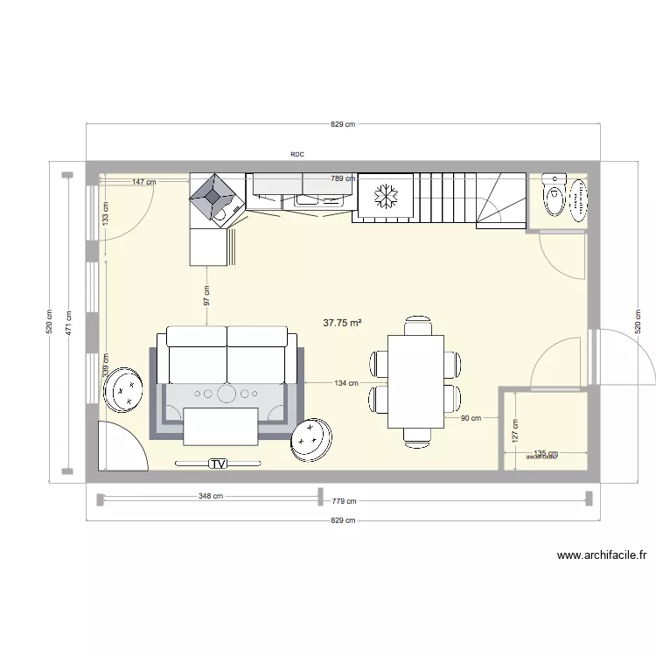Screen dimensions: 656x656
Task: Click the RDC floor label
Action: (297, 154)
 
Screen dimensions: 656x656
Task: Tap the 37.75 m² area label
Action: (343, 323)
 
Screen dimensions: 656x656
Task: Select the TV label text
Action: (219, 463)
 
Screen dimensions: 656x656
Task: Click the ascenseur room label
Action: (542, 456)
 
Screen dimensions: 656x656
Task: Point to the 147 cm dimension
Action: (144, 182)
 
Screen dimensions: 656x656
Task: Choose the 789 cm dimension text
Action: (343, 178)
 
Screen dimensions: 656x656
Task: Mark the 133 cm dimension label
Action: (106, 213)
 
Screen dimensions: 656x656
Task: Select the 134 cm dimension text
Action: (346, 382)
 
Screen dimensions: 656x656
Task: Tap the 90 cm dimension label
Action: (470, 418)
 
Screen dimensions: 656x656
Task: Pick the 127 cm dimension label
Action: (515, 429)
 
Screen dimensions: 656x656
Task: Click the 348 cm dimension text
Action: (211, 496)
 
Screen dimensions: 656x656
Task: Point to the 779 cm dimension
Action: (344, 501)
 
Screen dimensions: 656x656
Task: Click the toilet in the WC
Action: (554, 197)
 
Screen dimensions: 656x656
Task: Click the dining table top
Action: (416, 381)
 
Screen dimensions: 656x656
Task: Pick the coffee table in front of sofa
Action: (220, 427)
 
